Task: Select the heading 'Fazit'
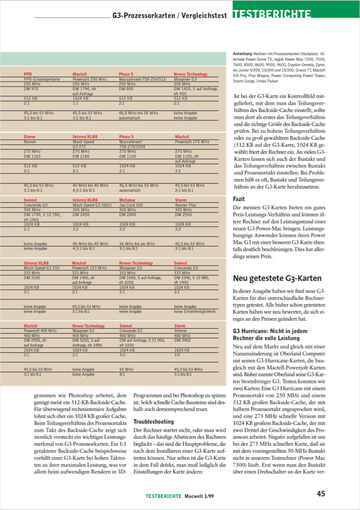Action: pos(239,199)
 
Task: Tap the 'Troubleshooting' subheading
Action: pos(154,421)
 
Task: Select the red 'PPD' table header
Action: pos(28,74)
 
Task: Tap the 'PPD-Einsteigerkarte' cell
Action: pos(42,80)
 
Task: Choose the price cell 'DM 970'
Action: pos(31,89)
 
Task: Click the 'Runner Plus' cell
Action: pos(186,205)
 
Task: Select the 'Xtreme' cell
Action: pos(181,330)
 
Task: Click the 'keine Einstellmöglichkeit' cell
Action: pos(195,311)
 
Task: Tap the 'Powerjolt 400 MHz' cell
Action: pos(40,330)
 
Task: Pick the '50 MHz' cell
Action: pos(126,369)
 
